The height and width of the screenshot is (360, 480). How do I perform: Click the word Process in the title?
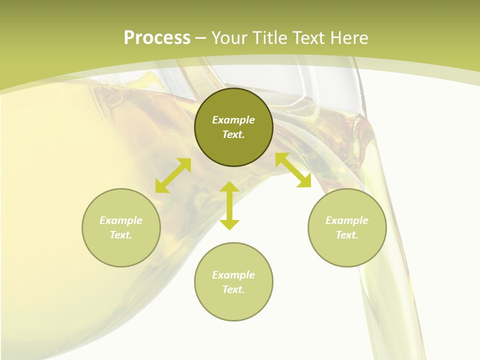tap(157, 37)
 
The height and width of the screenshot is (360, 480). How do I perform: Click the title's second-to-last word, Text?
tap(307, 37)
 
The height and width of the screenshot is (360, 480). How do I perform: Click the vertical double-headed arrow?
tap(229, 205)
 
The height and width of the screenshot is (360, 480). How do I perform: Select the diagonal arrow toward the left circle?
tap(173, 175)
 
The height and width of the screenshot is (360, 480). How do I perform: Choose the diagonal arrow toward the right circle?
tap(293, 170)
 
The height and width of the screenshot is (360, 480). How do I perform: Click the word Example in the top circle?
tap(233, 120)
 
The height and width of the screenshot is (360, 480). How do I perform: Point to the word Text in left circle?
tap(121, 235)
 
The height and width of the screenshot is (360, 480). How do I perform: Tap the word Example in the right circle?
tap(347, 220)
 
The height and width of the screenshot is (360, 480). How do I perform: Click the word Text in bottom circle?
tap(233, 289)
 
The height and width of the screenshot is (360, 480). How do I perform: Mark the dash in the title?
tap(200, 37)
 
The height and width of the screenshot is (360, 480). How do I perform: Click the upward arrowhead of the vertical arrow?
tap(229, 186)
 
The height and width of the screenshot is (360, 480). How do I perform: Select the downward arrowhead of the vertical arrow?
tap(229, 224)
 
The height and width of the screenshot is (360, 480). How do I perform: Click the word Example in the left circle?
tap(121, 220)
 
